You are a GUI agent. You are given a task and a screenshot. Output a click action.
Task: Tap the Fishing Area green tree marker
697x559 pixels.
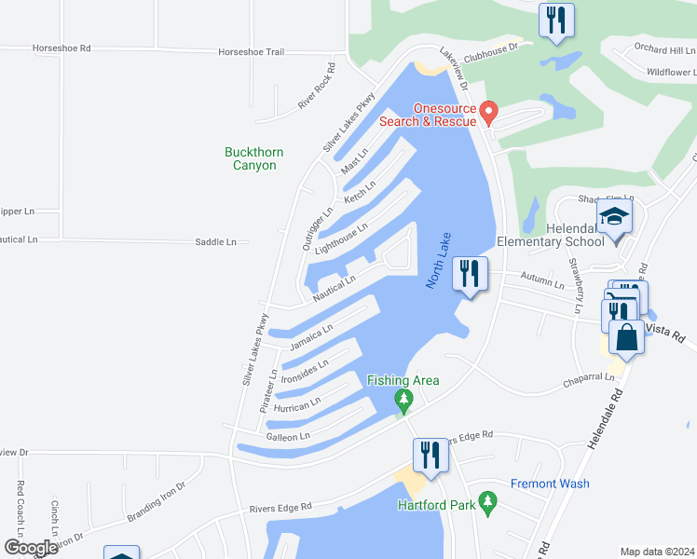click(403, 402)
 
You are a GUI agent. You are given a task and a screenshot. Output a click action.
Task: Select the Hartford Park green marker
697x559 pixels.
click(487, 503)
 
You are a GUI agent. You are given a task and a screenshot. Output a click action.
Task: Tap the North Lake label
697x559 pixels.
click(440, 260)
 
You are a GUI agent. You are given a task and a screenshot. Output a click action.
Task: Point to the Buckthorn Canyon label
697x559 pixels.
click(253, 158)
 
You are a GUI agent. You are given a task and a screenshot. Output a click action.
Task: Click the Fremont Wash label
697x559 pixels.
click(550, 484)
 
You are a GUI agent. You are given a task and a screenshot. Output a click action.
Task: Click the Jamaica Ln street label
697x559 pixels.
click(311, 337)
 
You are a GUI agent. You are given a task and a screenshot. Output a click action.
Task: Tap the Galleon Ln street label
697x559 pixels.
click(286, 436)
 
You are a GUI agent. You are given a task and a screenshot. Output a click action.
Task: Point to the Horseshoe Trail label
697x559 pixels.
click(250, 51)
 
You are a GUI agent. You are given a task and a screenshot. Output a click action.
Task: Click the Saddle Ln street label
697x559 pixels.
click(215, 241)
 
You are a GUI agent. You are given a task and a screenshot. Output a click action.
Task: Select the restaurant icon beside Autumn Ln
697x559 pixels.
click(470, 274)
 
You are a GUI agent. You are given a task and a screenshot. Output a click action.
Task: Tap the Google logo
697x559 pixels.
click(31, 547)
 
